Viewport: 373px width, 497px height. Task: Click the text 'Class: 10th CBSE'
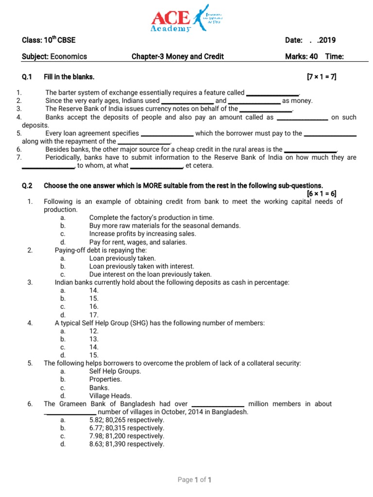(49, 40)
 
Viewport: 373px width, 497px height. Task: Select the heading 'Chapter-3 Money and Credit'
(178, 56)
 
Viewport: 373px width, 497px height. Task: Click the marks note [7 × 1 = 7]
(321, 77)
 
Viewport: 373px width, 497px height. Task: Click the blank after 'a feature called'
(272, 93)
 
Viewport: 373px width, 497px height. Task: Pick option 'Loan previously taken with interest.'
(141, 266)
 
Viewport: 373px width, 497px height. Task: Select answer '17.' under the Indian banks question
(94, 315)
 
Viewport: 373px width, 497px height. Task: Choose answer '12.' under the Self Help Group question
(94, 331)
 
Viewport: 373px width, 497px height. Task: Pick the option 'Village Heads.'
(110, 396)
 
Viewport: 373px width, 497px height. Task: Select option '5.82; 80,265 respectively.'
(127, 420)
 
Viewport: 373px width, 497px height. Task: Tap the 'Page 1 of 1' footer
(195, 480)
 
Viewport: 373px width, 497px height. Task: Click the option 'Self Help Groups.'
(115, 371)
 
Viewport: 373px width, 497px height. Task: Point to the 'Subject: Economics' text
(54, 56)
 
